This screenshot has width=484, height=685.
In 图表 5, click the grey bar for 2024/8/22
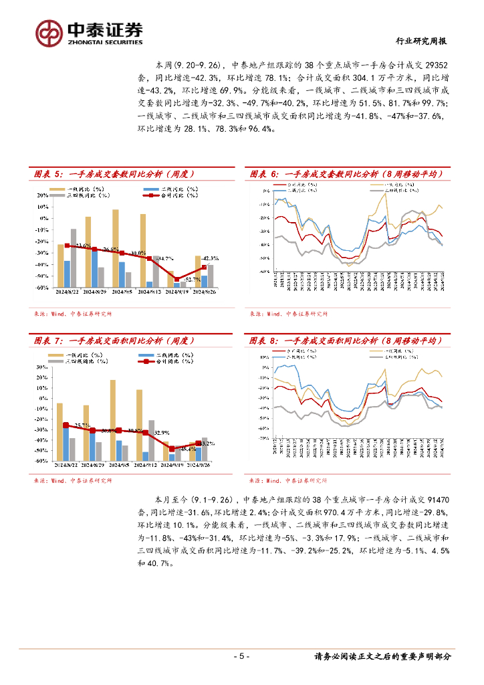[x=74, y=258]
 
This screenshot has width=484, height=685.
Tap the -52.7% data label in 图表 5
[x=192, y=278]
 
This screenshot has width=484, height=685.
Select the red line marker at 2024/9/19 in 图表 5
[x=177, y=279]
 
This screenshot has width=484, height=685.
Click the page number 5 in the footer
[x=242, y=656]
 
